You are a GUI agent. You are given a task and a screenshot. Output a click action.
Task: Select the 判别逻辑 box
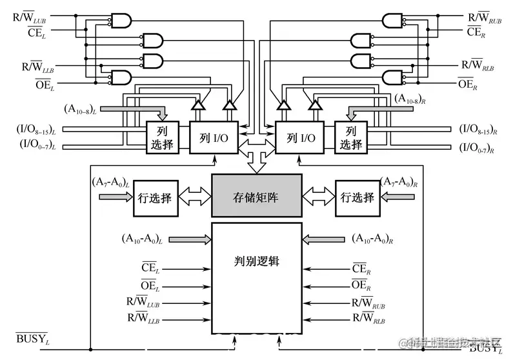click(257, 263)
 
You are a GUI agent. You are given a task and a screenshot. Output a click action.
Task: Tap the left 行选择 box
click(156, 198)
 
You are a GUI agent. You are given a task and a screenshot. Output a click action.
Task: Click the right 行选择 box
click(355, 198)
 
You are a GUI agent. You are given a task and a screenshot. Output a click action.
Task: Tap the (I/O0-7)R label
click(477, 148)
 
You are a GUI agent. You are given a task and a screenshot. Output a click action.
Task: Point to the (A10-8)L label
click(85, 105)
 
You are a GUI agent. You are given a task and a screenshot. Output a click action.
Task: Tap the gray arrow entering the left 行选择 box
click(114, 197)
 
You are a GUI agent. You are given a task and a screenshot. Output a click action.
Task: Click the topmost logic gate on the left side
click(121, 21)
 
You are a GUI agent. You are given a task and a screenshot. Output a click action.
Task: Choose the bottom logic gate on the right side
click(392, 79)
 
